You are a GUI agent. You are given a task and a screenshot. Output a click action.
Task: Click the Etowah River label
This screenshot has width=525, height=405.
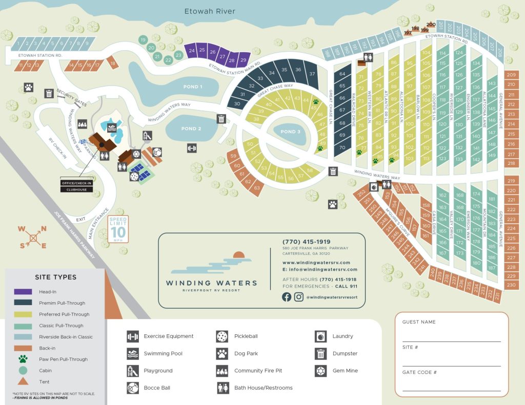click(x=211, y=11)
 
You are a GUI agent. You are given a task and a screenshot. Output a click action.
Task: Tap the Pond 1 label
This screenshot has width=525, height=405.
click(x=193, y=87)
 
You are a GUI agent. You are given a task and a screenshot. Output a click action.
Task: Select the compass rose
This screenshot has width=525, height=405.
click(x=33, y=237)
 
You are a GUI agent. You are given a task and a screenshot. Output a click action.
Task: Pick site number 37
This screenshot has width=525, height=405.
click(x=312, y=74)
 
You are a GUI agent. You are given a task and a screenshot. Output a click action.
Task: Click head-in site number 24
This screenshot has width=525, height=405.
click(x=192, y=50)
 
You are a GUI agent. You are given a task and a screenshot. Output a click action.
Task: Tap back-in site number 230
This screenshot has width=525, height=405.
click(x=511, y=285)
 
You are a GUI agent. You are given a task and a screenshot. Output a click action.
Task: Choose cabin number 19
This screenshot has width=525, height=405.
click(x=143, y=39)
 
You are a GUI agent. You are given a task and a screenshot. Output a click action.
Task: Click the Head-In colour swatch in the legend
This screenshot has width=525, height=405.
click(x=23, y=292)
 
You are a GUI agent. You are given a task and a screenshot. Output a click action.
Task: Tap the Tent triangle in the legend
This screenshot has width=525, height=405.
click(x=23, y=381)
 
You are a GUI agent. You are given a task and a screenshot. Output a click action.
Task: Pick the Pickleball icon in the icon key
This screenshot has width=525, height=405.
click(x=222, y=336)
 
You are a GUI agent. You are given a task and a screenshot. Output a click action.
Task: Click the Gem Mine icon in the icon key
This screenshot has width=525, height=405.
click(x=320, y=371)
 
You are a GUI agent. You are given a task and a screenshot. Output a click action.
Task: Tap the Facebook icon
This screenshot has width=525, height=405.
click(x=287, y=297)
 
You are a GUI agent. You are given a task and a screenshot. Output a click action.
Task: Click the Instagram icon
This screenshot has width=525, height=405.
click(x=299, y=297)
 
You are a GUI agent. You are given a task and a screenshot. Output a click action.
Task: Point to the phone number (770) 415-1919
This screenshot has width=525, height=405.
click(x=306, y=242)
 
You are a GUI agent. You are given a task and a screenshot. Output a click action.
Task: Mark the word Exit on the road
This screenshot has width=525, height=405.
click(x=80, y=219)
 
